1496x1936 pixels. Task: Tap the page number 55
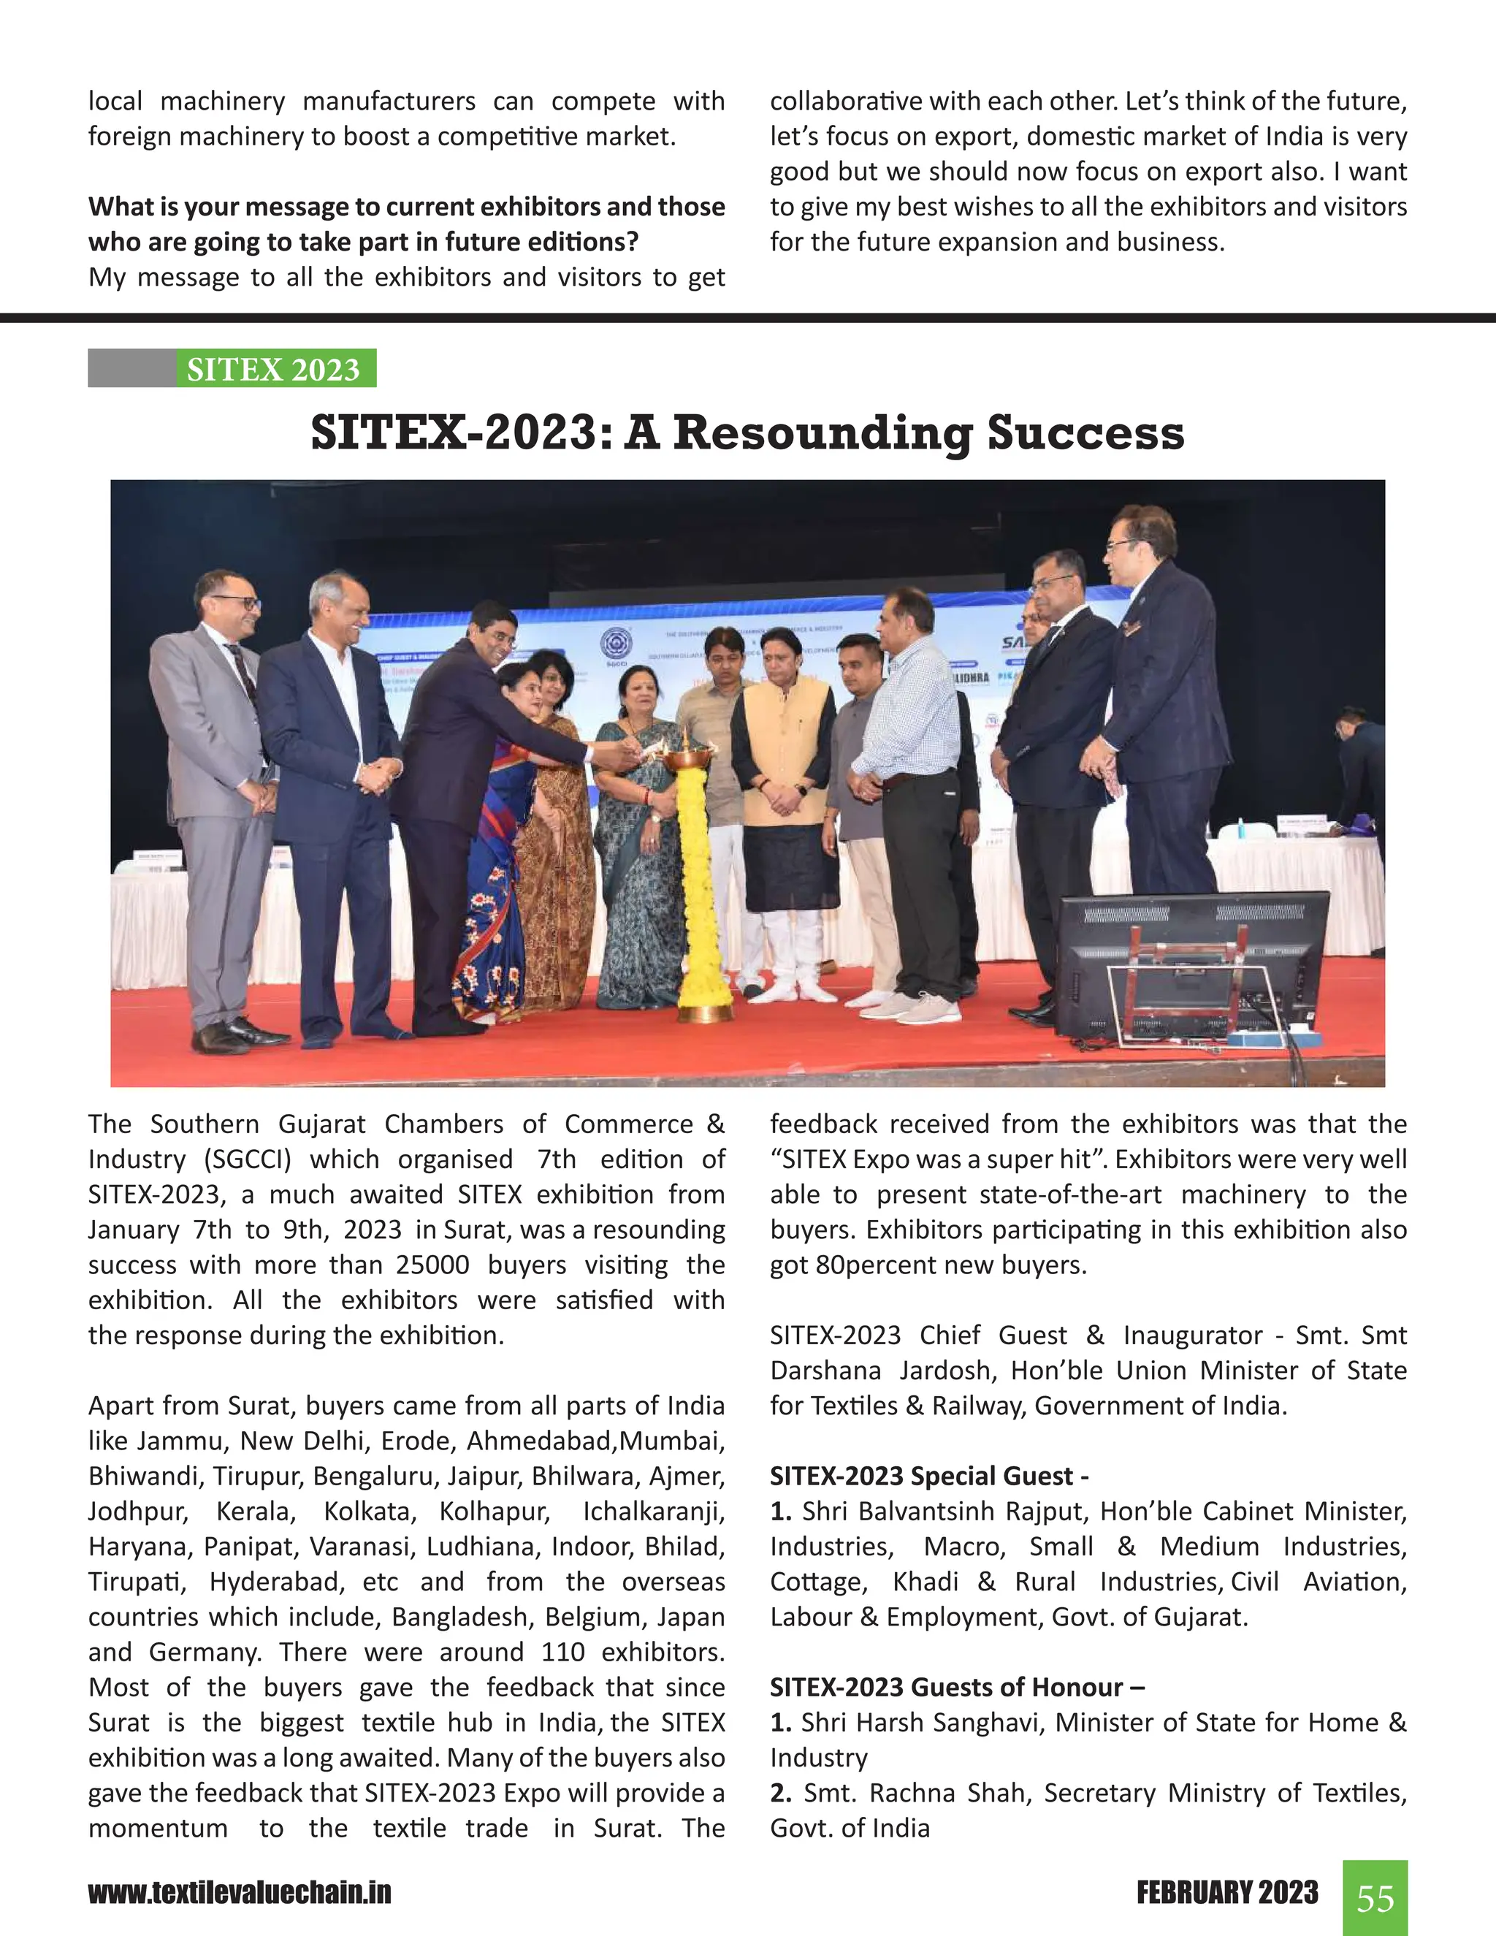pyautogui.click(x=1375, y=1898)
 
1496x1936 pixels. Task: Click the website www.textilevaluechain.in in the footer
pyautogui.click(x=240, y=1893)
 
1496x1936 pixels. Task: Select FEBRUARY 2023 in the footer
pyautogui.click(x=1226, y=1893)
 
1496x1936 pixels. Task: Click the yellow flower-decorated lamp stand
pyautogui.click(x=703, y=877)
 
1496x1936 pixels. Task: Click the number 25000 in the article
pyautogui.click(x=432, y=1265)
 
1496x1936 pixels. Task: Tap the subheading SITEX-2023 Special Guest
pyautogui.click(x=929, y=1476)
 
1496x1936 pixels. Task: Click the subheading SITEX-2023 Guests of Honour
pyautogui.click(x=956, y=1687)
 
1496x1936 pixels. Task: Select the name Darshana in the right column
pyautogui.click(x=825, y=1371)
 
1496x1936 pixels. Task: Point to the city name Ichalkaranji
pyautogui.click(x=653, y=1512)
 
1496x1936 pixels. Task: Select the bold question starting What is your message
pyautogui.click(x=406, y=224)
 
